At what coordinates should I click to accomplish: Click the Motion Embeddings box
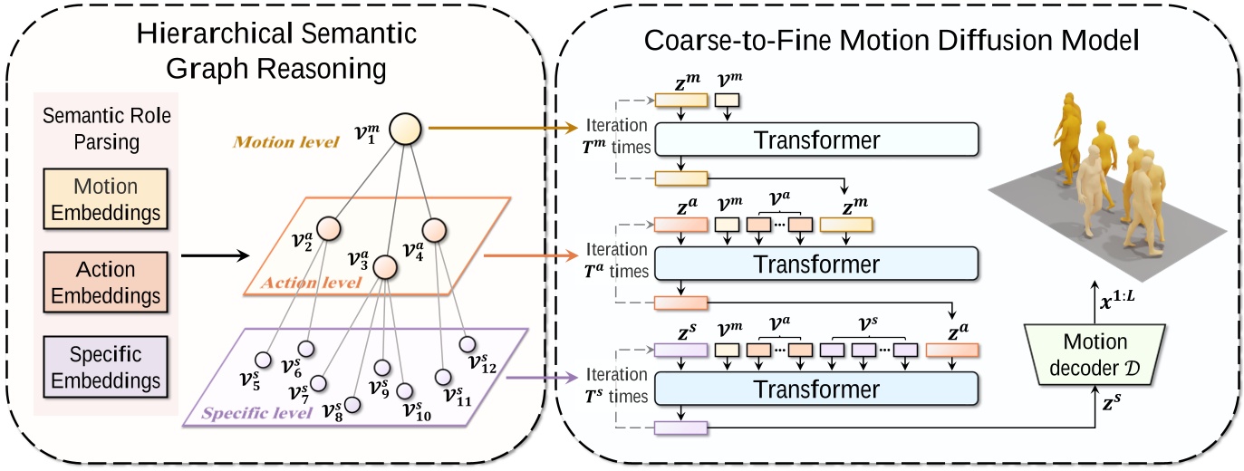tap(106, 199)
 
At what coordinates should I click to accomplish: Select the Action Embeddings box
tap(106, 282)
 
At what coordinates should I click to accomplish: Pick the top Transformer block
tap(815, 140)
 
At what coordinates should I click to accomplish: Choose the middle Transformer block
tap(815, 264)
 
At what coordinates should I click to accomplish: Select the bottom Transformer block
tap(815, 389)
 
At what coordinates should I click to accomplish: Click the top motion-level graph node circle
tap(406, 130)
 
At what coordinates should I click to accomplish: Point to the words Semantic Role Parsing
tap(107, 130)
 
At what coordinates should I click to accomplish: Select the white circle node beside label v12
tap(467, 344)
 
